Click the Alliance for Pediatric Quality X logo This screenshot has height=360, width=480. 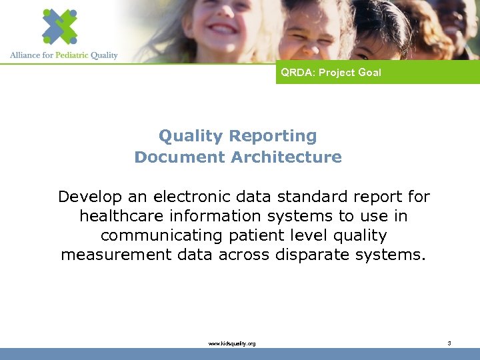(59, 27)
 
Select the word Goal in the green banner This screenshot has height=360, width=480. (369, 73)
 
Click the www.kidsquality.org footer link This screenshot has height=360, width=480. (232, 343)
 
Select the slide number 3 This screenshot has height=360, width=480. (449, 343)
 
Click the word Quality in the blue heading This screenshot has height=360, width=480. (181, 136)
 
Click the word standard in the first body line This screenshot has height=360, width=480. (311, 197)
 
